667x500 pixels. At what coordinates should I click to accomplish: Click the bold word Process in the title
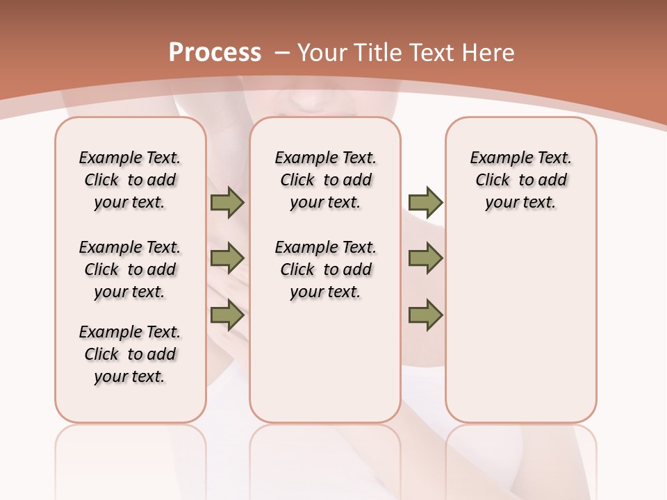(x=215, y=52)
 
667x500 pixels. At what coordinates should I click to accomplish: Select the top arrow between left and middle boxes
(x=227, y=202)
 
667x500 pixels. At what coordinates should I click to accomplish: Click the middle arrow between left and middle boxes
(x=227, y=258)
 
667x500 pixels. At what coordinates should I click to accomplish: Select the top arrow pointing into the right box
(x=425, y=202)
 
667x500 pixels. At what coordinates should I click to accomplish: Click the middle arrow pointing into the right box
(x=425, y=258)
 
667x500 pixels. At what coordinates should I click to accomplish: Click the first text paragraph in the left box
(x=130, y=180)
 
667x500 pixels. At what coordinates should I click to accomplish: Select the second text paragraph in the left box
(x=130, y=269)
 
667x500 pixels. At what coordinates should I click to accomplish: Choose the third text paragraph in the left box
(x=130, y=354)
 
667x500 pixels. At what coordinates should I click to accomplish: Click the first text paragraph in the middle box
(x=325, y=180)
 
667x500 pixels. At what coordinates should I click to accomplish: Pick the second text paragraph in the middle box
(x=325, y=269)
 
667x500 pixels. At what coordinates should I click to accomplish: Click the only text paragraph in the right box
(x=520, y=180)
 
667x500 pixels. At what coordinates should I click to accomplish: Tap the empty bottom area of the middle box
(x=325, y=368)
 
